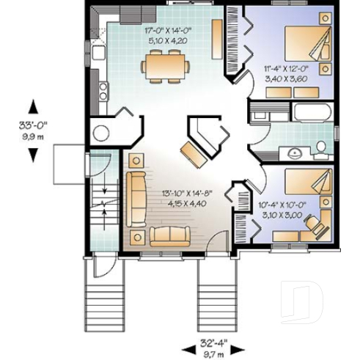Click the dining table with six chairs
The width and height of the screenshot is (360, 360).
[165, 67]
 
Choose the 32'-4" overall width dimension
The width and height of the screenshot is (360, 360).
[213, 342]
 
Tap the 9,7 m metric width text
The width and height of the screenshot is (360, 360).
[213, 353]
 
